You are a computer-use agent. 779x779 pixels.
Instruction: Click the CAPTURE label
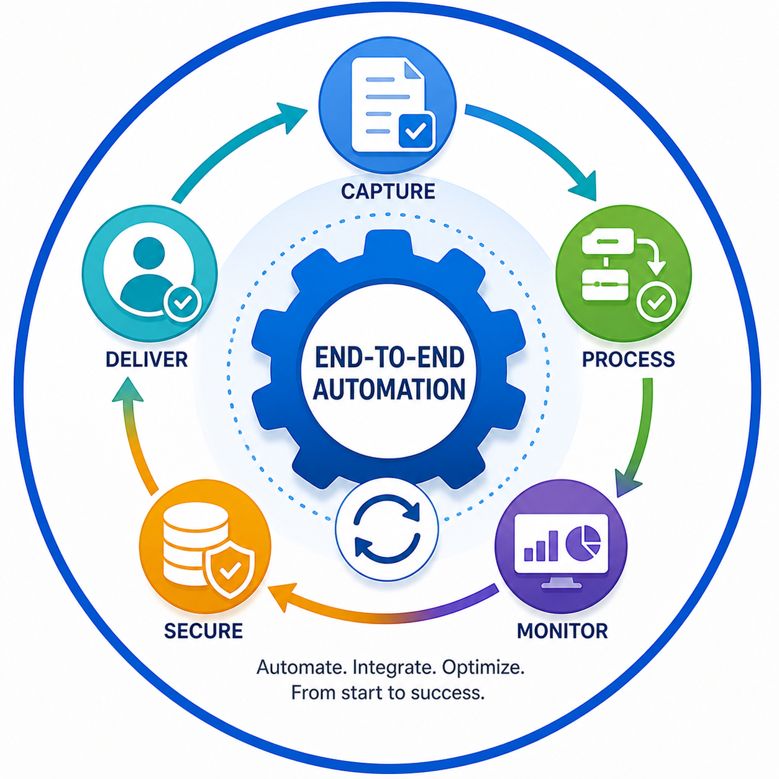coord(388,191)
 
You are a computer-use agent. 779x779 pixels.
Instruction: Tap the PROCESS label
coord(629,359)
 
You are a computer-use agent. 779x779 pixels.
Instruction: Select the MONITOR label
coord(562,631)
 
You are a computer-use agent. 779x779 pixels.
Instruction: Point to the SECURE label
coord(203,631)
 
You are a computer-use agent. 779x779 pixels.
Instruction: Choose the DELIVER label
coord(147,359)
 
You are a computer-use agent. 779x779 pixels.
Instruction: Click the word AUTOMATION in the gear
coord(389,389)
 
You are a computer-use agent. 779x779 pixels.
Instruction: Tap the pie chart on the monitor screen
coord(583,542)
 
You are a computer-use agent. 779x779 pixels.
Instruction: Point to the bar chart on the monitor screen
coord(540,545)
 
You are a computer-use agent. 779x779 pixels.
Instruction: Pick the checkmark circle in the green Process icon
coord(656,301)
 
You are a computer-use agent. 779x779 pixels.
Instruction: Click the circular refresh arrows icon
coord(387,529)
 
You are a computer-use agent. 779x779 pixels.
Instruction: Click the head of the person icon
coord(148,252)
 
